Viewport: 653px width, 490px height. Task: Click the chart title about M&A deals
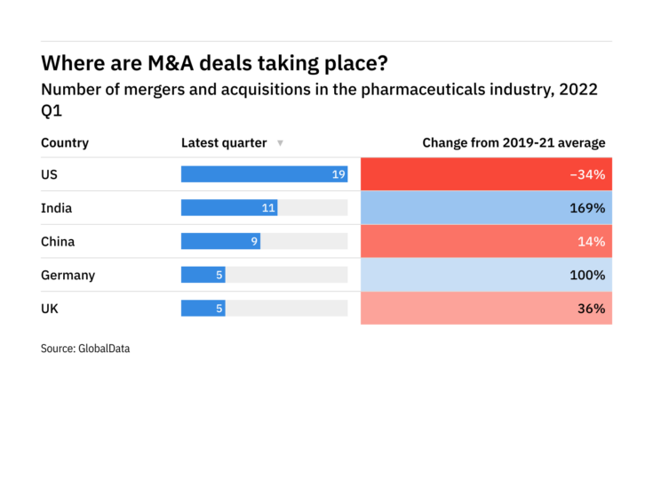pyautogui.click(x=214, y=64)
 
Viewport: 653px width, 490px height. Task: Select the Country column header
pyautogui.click(x=65, y=142)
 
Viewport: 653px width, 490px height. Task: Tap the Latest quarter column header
pyautogui.click(x=224, y=142)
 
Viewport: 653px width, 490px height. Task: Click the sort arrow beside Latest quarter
pyautogui.click(x=280, y=143)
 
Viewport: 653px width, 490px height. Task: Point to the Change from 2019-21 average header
pyautogui.click(x=514, y=142)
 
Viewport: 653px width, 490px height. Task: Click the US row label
pyautogui.click(x=49, y=174)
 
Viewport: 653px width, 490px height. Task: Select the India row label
pyautogui.click(x=56, y=208)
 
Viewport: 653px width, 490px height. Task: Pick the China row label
pyautogui.click(x=58, y=241)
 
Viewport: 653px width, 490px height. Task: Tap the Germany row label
pyautogui.click(x=68, y=275)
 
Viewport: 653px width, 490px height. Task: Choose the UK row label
pyautogui.click(x=50, y=309)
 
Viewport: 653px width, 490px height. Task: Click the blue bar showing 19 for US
pyautogui.click(x=264, y=174)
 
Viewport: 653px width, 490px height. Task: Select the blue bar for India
pyautogui.click(x=229, y=208)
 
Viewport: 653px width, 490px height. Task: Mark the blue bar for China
pyautogui.click(x=220, y=241)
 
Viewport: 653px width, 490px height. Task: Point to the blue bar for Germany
pyautogui.click(x=203, y=275)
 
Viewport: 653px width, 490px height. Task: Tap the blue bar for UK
pyautogui.click(x=203, y=309)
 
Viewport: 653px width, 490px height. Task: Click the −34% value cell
pyautogui.click(x=486, y=174)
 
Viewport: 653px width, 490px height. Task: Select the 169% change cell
pyautogui.click(x=486, y=208)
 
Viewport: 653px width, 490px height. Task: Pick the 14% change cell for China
pyautogui.click(x=486, y=241)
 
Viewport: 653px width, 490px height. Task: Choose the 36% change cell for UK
pyautogui.click(x=486, y=309)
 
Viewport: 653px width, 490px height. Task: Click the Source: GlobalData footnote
pyautogui.click(x=85, y=349)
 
